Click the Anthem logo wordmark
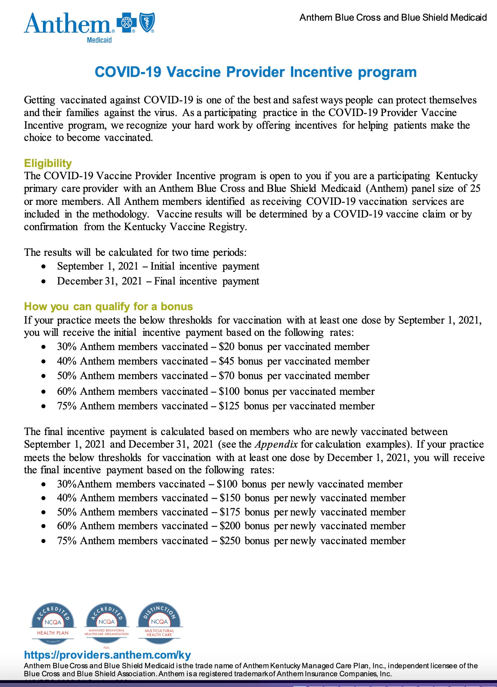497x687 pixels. (x=67, y=24)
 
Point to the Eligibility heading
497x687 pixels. (x=48, y=163)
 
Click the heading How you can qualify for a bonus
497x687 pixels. (x=108, y=306)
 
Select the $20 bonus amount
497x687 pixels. (x=227, y=347)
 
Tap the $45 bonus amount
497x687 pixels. (x=227, y=361)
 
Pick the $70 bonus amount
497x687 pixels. (x=227, y=376)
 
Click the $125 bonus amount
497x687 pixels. (x=229, y=406)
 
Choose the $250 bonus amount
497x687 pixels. (x=230, y=541)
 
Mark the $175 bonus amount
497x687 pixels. (x=230, y=512)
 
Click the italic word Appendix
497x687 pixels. (x=276, y=444)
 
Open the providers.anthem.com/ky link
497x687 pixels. (x=107, y=655)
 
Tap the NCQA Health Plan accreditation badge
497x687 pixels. (x=53, y=623)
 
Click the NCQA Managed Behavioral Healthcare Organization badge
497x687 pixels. (x=106, y=623)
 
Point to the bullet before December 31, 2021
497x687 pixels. (x=44, y=281)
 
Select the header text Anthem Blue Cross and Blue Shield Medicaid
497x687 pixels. (x=393, y=18)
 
